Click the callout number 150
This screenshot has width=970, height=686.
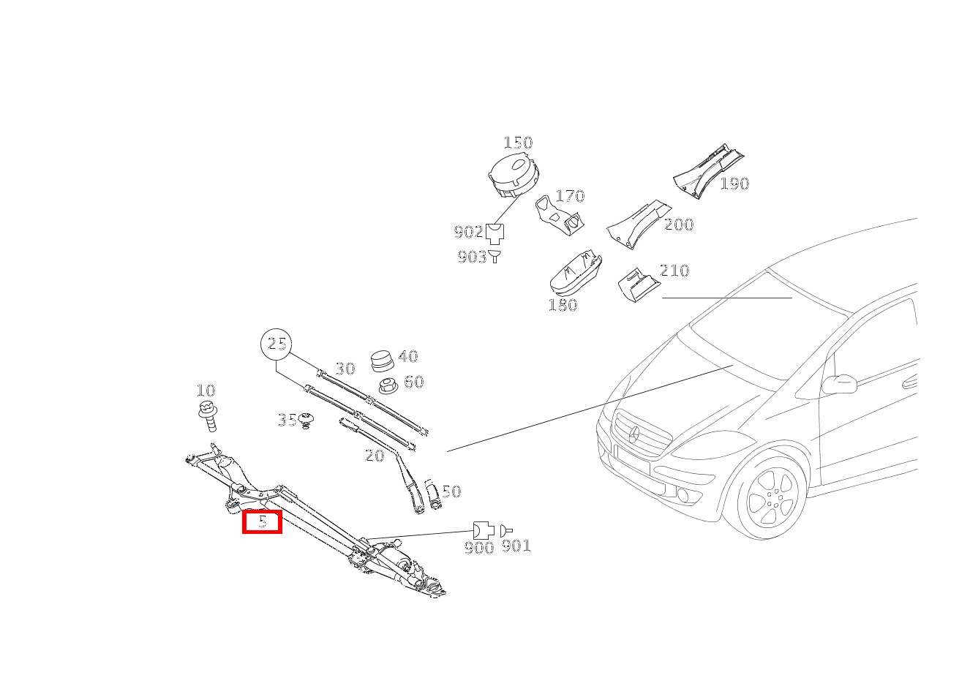[518, 143]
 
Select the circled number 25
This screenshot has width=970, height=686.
[277, 344]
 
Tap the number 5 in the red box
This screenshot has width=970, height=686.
[263, 521]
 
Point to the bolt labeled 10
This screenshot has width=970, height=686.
[208, 415]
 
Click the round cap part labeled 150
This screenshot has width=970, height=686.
[514, 175]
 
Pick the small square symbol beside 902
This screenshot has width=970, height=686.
[495, 234]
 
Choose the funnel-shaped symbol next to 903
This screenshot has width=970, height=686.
[495, 256]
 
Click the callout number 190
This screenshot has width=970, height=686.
[734, 184]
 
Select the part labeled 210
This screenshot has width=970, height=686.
[639, 284]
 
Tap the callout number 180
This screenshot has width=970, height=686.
[563, 305]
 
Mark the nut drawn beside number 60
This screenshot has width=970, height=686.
[388, 386]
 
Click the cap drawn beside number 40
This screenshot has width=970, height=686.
[383, 361]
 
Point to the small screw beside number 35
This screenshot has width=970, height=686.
[307, 421]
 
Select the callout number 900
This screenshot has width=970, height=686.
[479, 548]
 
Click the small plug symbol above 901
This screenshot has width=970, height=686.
[505, 531]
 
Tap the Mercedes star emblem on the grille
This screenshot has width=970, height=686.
[634, 434]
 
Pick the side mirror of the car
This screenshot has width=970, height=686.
[839, 385]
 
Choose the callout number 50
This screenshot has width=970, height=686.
[451, 491]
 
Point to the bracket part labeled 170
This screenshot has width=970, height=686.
[559, 216]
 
